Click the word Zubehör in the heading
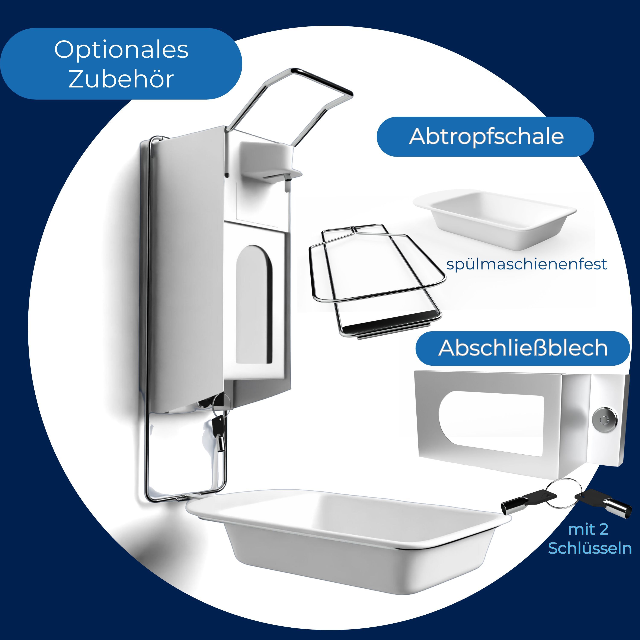(x=121, y=79)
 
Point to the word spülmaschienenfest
(x=527, y=264)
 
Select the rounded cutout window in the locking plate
(x=491, y=423)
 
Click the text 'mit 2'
(x=588, y=529)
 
